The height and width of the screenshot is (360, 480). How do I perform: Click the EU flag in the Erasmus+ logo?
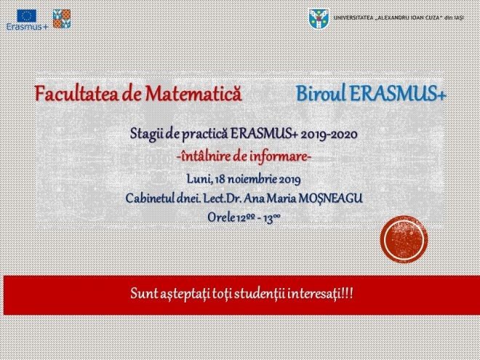point(27,15)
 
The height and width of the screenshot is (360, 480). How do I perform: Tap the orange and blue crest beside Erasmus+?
point(62,19)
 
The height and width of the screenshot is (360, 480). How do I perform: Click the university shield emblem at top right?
point(319,19)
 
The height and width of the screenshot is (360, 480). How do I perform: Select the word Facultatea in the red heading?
point(76,93)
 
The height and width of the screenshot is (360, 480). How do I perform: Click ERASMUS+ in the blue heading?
point(398,93)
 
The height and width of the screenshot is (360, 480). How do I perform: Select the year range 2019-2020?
point(329,135)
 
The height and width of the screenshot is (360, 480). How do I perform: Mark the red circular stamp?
point(404,239)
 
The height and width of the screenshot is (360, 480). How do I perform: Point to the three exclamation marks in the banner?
point(348,294)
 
